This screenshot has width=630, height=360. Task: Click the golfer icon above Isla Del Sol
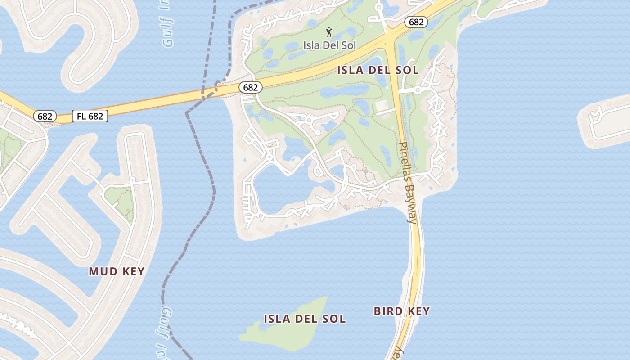click(329, 32)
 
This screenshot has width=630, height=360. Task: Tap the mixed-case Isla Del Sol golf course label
click(329, 45)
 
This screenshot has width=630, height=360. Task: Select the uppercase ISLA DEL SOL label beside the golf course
click(378, 70)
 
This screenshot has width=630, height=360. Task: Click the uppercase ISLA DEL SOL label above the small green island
click(305, 319)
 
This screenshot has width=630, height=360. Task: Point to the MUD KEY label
click(117, 271)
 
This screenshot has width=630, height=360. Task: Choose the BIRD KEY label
click(402, 311)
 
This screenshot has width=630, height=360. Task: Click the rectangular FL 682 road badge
click(90, 116)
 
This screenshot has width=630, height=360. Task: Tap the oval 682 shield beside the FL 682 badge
click(45, 116)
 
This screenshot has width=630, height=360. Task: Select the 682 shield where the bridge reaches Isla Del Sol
click(250, 87)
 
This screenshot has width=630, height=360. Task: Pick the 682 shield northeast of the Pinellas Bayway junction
click(415, 22)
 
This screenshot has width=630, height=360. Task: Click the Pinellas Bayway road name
click(409, 182)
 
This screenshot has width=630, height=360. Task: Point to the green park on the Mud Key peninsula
click(119, 200)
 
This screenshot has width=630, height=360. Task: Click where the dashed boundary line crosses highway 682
click(203, 95)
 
